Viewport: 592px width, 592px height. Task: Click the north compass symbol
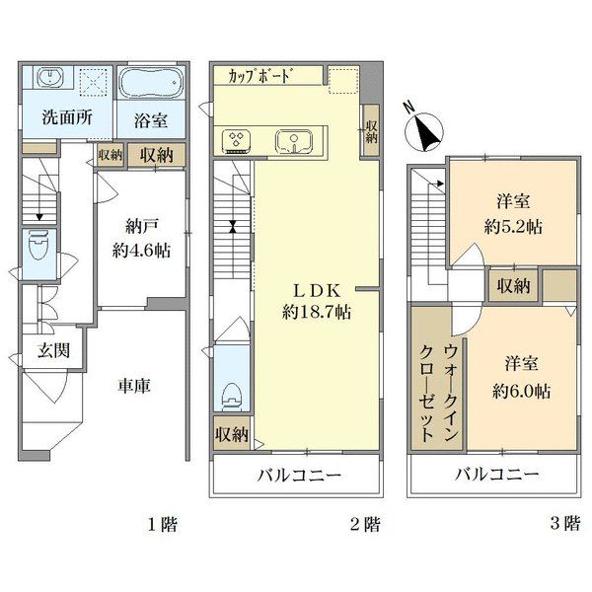tap(423, 130)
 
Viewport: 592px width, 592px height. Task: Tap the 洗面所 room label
tap(67, 117)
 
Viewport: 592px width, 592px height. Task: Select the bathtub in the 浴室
tap(151, 83)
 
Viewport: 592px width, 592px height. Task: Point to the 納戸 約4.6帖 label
tap(141, 238)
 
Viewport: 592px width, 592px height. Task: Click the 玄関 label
tap(53, 351)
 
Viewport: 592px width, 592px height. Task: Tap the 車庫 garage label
tap(134, 386)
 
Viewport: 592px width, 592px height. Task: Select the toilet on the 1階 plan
tap(39, 245)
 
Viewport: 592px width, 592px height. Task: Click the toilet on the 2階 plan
tap(232, 398)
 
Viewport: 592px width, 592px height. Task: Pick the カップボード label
tap(259, 76)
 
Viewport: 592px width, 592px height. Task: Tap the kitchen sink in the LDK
tap(294, 142)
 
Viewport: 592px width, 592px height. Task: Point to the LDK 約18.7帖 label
tap(317, 301)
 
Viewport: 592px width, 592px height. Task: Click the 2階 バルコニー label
tap(299, 475)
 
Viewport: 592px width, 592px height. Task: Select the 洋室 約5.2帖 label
tap(513, 214)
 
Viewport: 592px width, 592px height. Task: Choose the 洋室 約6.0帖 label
tap(521, 378)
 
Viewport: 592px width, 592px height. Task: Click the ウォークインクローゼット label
tap(439, 394)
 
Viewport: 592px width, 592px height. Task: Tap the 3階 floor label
tap(564, 524)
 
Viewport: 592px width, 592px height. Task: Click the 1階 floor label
tap(163, 524)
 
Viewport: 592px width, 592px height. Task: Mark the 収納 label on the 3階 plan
tap(513, 286)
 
